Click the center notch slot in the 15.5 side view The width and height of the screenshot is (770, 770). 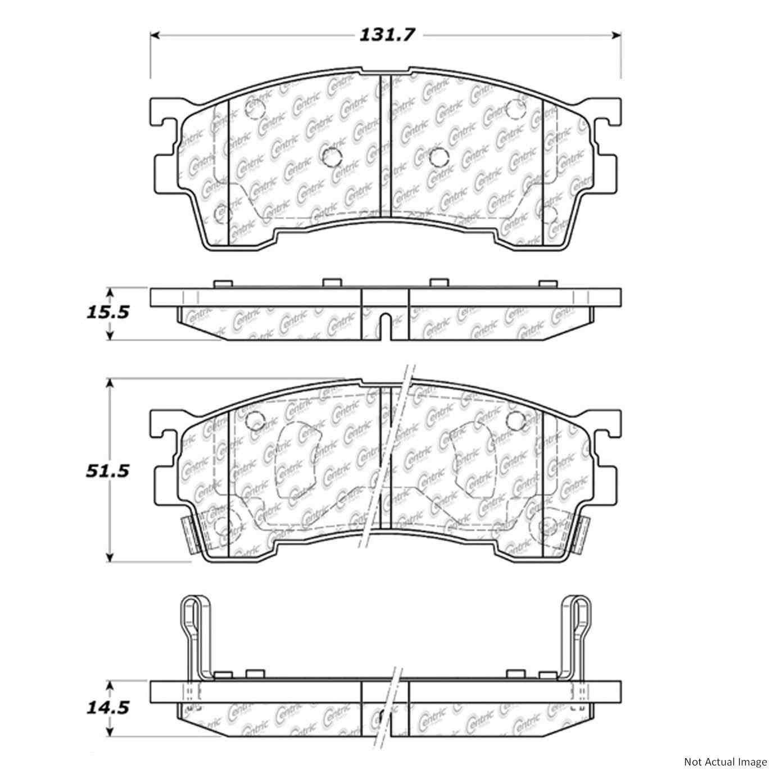(x=386, y=325)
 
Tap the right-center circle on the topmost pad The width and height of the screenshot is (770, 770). (x=437, y=158)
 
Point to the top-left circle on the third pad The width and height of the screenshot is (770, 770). (x=256, y=419)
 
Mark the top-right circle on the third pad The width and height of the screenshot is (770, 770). (x=514, y=419)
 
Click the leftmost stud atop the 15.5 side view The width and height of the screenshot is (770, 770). (x=224, y=284)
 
